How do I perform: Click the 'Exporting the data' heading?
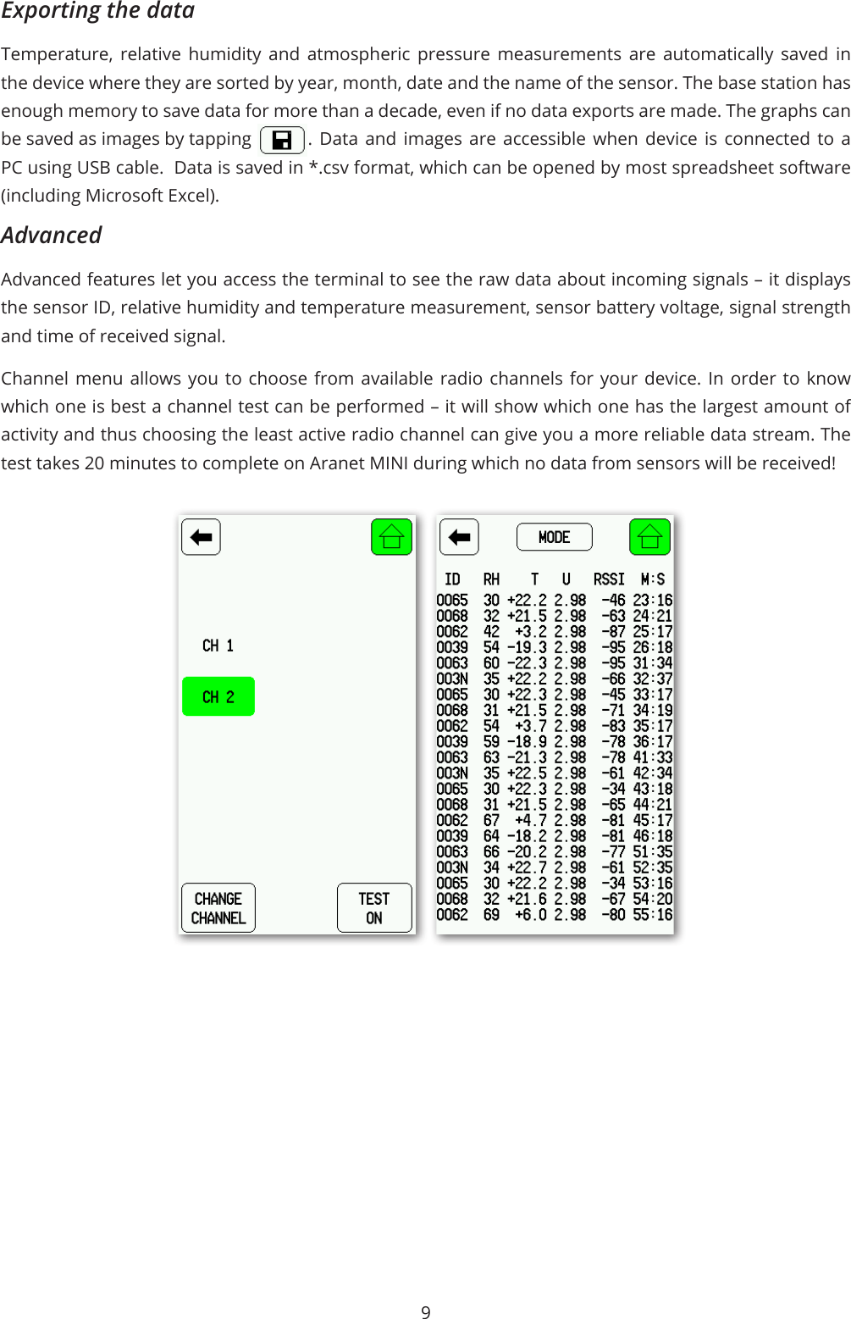pos(98,11)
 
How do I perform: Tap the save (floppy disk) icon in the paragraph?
pos(282,140)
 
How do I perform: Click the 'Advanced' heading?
pos(52,236)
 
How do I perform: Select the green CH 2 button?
pos(218,697)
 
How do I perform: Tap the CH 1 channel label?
pos(218,646)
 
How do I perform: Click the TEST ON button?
pos(374,908)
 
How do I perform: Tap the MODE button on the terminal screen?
pos(554,537)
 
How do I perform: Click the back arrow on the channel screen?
pos(201,537)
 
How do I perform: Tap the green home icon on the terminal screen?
pos(649,537)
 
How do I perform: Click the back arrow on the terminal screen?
pos(459,537)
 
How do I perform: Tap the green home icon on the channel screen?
pos(391,537)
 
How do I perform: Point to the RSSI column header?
pos(609,579)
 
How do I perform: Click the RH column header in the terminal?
pos(491,579)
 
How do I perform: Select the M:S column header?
pos(653,579)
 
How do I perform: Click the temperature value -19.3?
pos(527,647)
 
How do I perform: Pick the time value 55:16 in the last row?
pos(653,915)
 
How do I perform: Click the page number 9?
pos(426,1312)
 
